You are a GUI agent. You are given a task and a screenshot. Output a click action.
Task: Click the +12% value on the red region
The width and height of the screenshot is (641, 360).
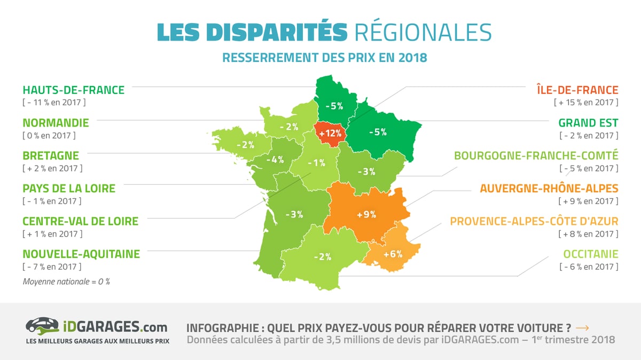(x=330, y=134)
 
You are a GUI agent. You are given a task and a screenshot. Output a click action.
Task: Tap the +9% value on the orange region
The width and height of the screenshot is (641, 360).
(x=366, y=215)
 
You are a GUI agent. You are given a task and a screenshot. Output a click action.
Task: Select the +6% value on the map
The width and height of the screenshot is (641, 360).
(x=393, y=254)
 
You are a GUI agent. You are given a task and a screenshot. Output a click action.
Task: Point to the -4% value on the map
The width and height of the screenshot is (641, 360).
(x=275, y=160)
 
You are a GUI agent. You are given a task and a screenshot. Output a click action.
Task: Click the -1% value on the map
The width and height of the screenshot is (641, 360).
(x=316, y=163)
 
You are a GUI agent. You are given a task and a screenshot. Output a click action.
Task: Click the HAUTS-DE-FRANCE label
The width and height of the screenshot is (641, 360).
(x=74, y=90)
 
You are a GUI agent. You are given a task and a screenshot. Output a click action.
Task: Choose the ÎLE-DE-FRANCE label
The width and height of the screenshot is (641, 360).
(x=577, y=90)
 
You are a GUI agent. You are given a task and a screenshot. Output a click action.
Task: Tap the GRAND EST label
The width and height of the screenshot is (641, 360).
(x=588, y=123)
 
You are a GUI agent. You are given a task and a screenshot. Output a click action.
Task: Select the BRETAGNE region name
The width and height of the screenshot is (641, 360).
(x=51, y=155)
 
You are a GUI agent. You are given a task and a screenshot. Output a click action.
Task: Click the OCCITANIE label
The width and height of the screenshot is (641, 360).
(x=591, y=254)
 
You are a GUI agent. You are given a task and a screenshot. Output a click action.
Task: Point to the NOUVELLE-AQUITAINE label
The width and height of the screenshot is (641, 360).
(x=81, y=254)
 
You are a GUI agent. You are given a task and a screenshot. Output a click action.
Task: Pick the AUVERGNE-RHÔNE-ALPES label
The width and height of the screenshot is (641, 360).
(x=549, y=189)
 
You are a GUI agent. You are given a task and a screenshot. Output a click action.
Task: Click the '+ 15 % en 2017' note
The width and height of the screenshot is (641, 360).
(x=586, y=103)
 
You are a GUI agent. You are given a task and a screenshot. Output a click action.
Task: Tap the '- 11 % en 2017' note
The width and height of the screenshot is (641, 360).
(x=54, y=103)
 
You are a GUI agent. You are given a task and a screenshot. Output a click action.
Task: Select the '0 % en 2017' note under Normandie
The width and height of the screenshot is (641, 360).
(x=49, y=135)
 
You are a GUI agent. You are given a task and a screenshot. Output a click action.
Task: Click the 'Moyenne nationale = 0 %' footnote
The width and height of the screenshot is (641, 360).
(x=66, y=281)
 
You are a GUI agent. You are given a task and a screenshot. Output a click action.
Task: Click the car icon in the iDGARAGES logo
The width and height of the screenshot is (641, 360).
(x=42, y=326)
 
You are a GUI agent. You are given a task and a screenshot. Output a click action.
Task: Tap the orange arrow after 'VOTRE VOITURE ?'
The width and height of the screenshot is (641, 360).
(x=582, y=328)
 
